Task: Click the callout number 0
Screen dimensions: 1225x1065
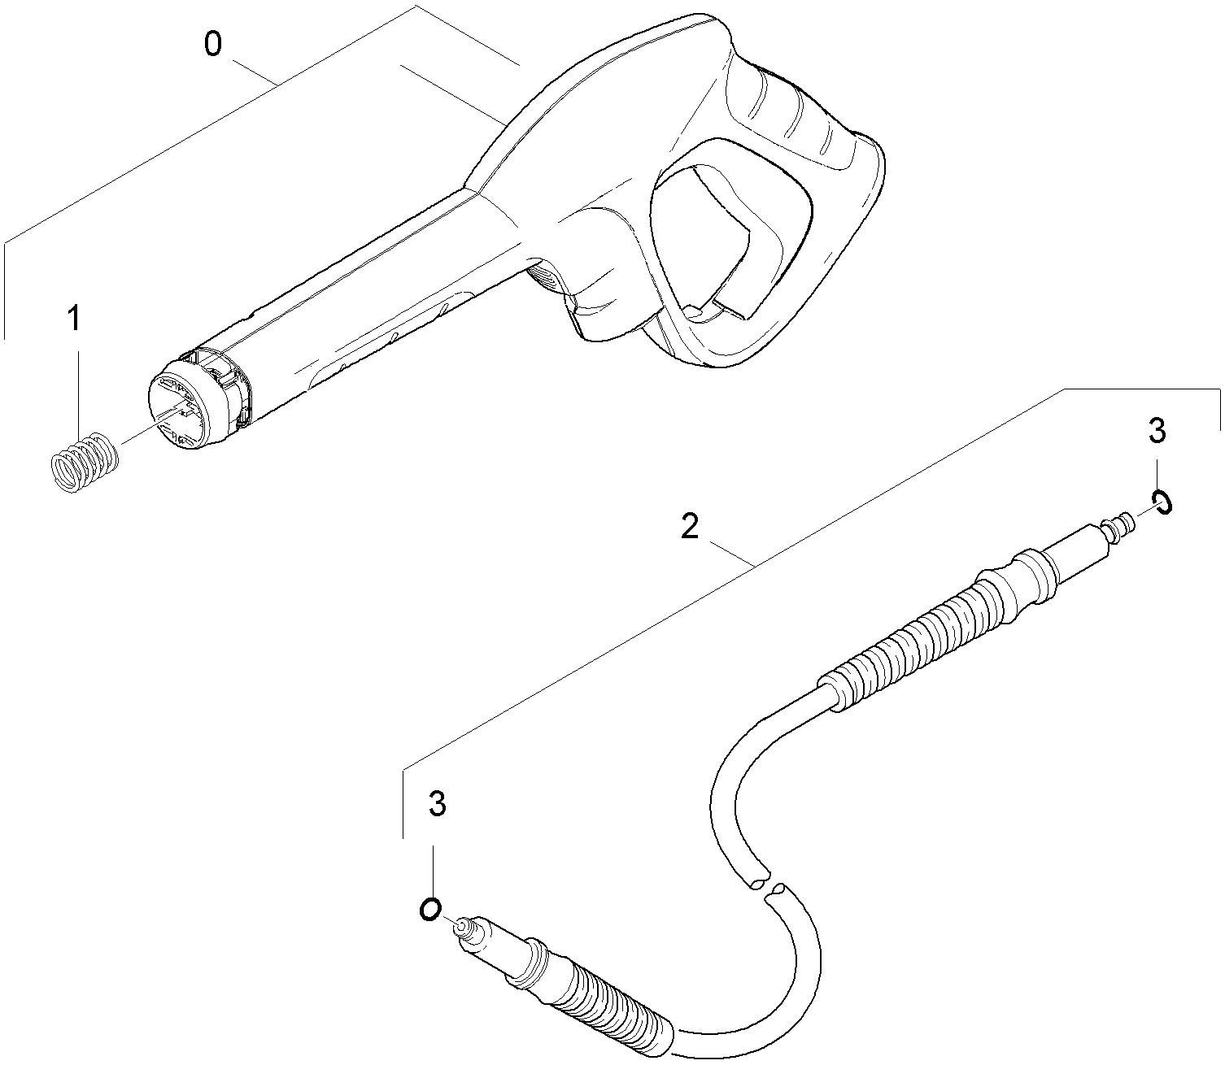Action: [212, 45]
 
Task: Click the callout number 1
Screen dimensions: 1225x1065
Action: [74, 319]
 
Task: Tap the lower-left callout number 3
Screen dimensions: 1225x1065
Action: [438, 805]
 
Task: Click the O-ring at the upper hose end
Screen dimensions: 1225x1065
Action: [1162, 502]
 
